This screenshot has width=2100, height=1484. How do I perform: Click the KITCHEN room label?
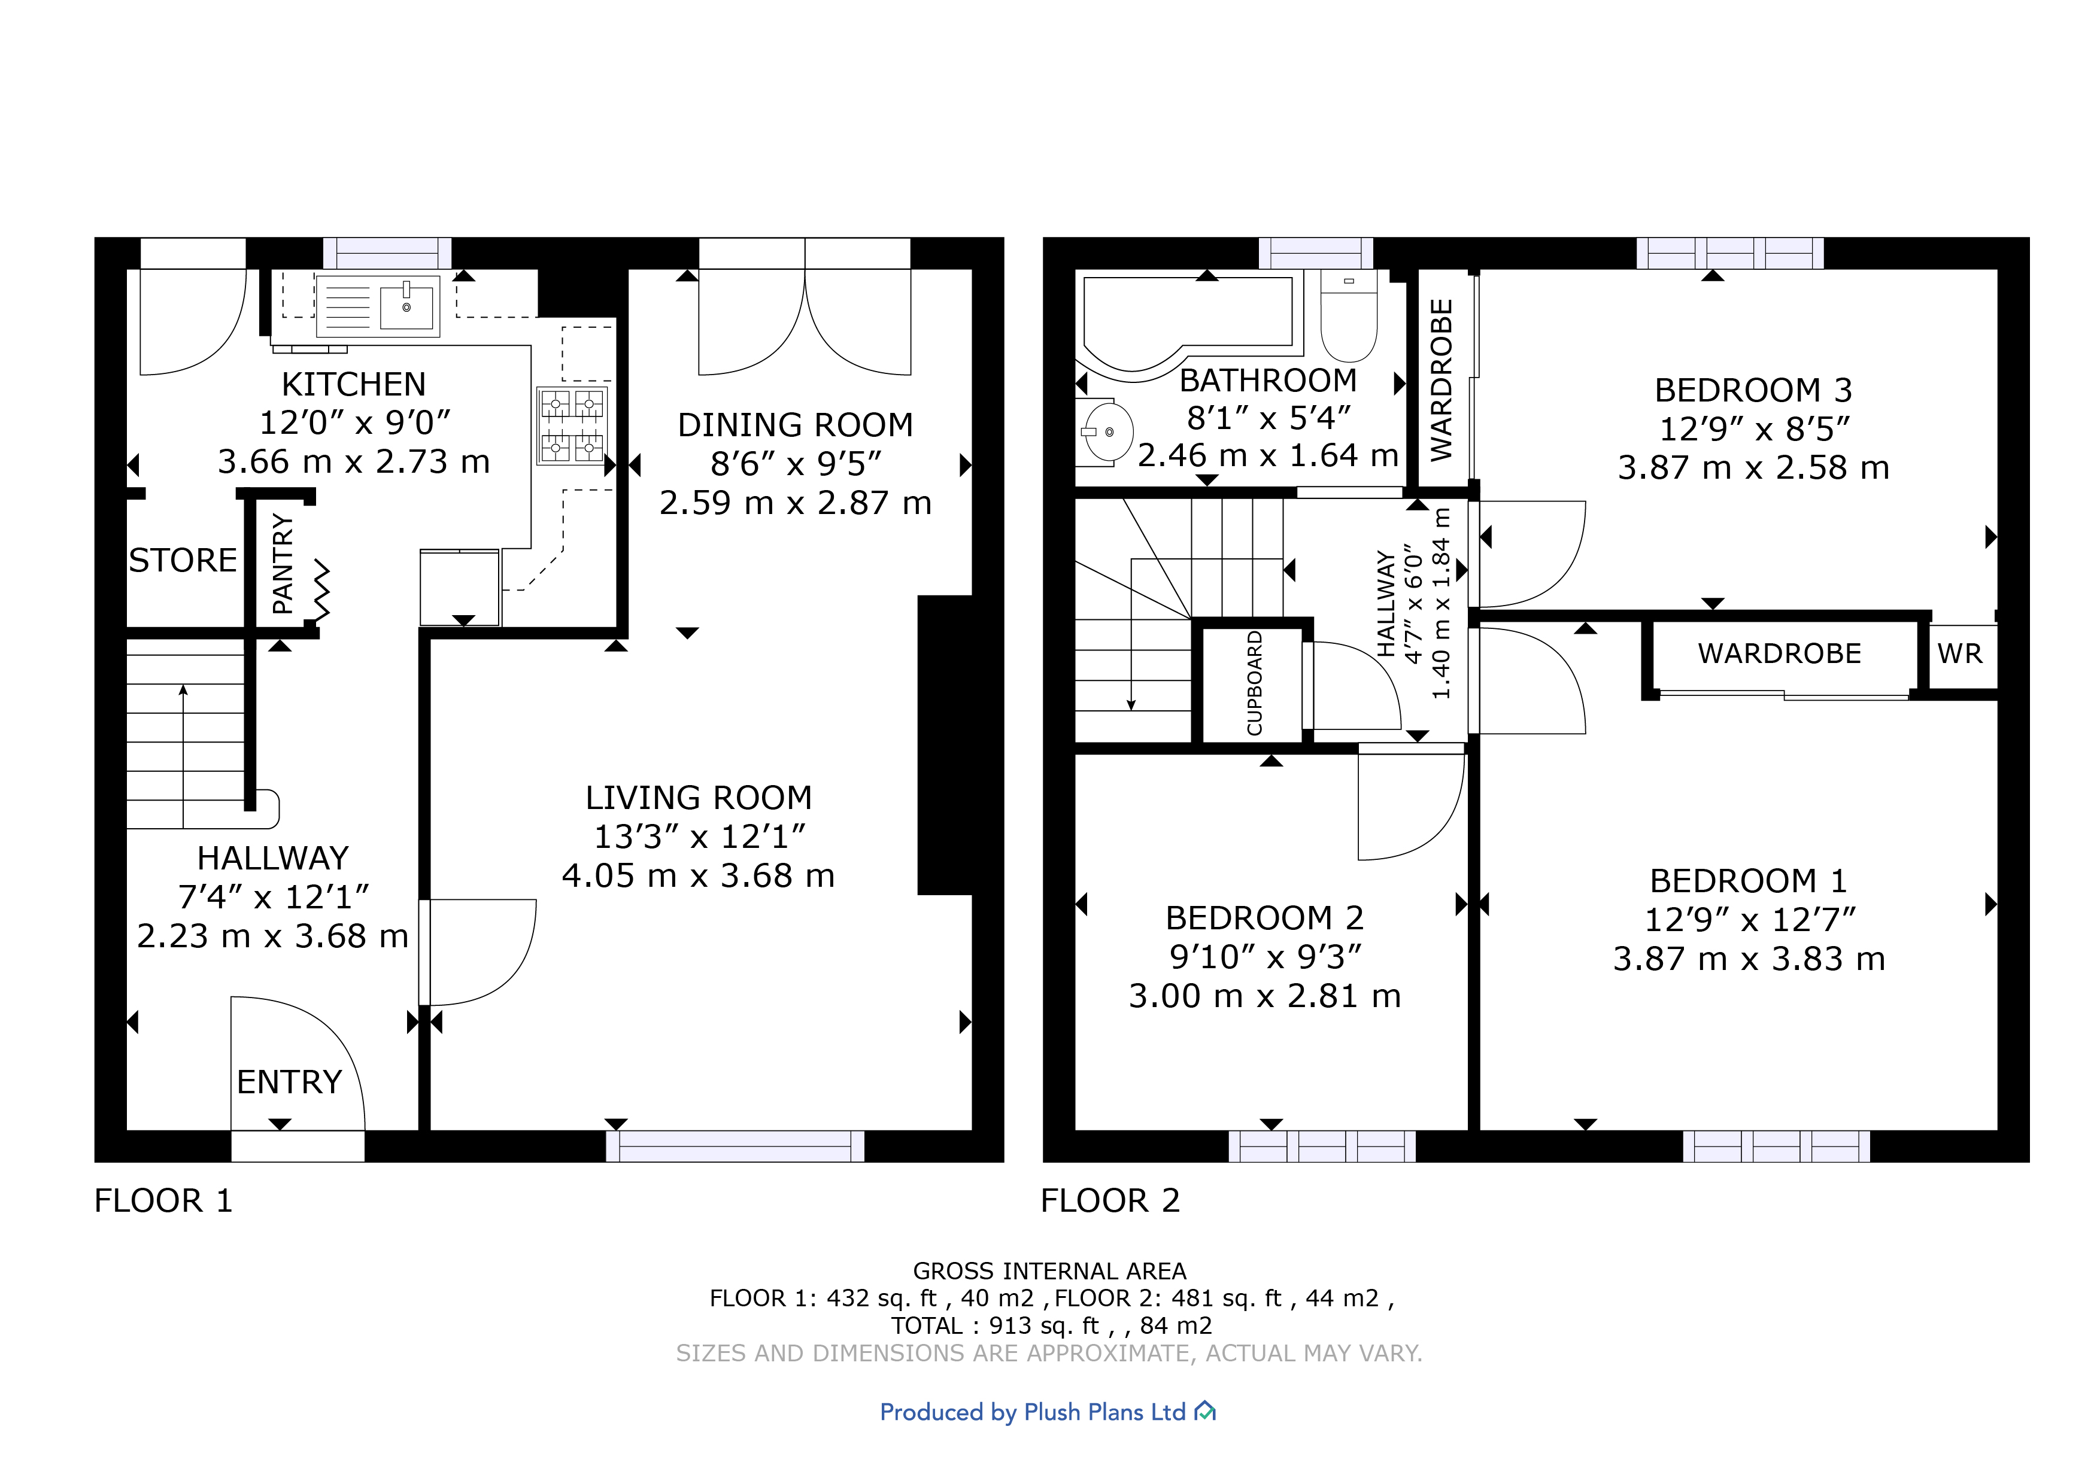pyautogui.click(x=353, y=384)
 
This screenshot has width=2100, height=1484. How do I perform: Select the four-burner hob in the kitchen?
pyautogui.click(x=572, y=426)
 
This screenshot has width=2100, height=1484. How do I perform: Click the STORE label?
pyautogui.click(x=183, y=559)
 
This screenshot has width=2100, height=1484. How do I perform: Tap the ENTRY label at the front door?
pyautogui.click(x=289, y=1082)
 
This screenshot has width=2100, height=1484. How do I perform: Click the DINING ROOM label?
pyautogui.click(x=795, y=425)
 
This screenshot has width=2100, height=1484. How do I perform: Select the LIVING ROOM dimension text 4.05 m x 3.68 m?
pyautogui.click(x=698, y=876)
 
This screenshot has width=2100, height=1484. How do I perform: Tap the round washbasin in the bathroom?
pyautogui.click(x=1107, y=431)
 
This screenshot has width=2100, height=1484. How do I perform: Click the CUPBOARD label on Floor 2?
pyautogui.click(x=1254, y=683)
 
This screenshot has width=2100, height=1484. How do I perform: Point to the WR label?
pyautogui.click(x=1959, y=654)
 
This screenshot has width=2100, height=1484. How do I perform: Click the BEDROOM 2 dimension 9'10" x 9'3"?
pyautogui.click(x=1265, y=956)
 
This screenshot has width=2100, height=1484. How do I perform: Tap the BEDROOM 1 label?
pyautogui.click(x=1748, y=880)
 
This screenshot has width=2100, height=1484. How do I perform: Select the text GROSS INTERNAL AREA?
pyautogui.click(x=1049, y=1271)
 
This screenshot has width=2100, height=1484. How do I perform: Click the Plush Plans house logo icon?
pyautogui.click(x=1206, y=1412)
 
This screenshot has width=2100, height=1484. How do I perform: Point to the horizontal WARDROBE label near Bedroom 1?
pyautogui.click(x=1779, y=654)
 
